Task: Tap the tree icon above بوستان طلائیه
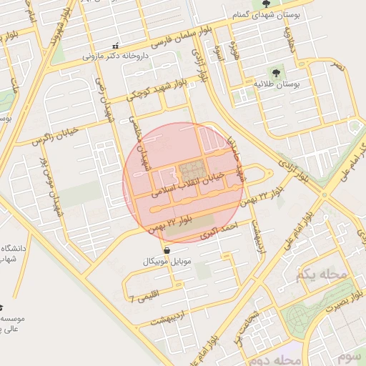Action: (x=276, y=72)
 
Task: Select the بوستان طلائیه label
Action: (x=276, y=84)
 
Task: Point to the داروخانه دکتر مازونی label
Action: (x=114, y=54)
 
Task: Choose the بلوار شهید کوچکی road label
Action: (x=154, y=88)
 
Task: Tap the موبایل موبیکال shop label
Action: (x=167, y=262)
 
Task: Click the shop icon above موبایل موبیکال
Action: (x=167, y=251)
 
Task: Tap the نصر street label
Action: (x=336, y=66)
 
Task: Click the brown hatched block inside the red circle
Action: (x=191, y=170)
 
